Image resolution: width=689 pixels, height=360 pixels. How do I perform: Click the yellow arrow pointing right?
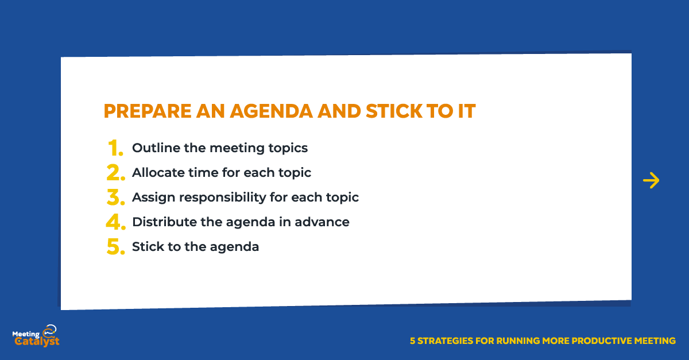tap(651, 180)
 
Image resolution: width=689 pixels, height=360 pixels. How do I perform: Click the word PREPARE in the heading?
tap(148, 111)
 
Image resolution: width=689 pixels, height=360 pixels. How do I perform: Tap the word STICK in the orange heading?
tap(394, 111)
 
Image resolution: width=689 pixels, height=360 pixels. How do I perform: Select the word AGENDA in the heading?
tap(272, 111)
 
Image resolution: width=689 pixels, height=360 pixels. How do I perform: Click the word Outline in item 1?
tap(156, 148)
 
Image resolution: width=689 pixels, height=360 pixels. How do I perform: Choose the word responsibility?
tap(223, 198)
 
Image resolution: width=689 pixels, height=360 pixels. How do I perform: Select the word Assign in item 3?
tap(154, 198)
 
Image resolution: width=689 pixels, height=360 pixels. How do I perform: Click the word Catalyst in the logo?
tap(37, 341)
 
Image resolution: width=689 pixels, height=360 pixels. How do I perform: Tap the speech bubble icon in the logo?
tap(50, 330)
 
